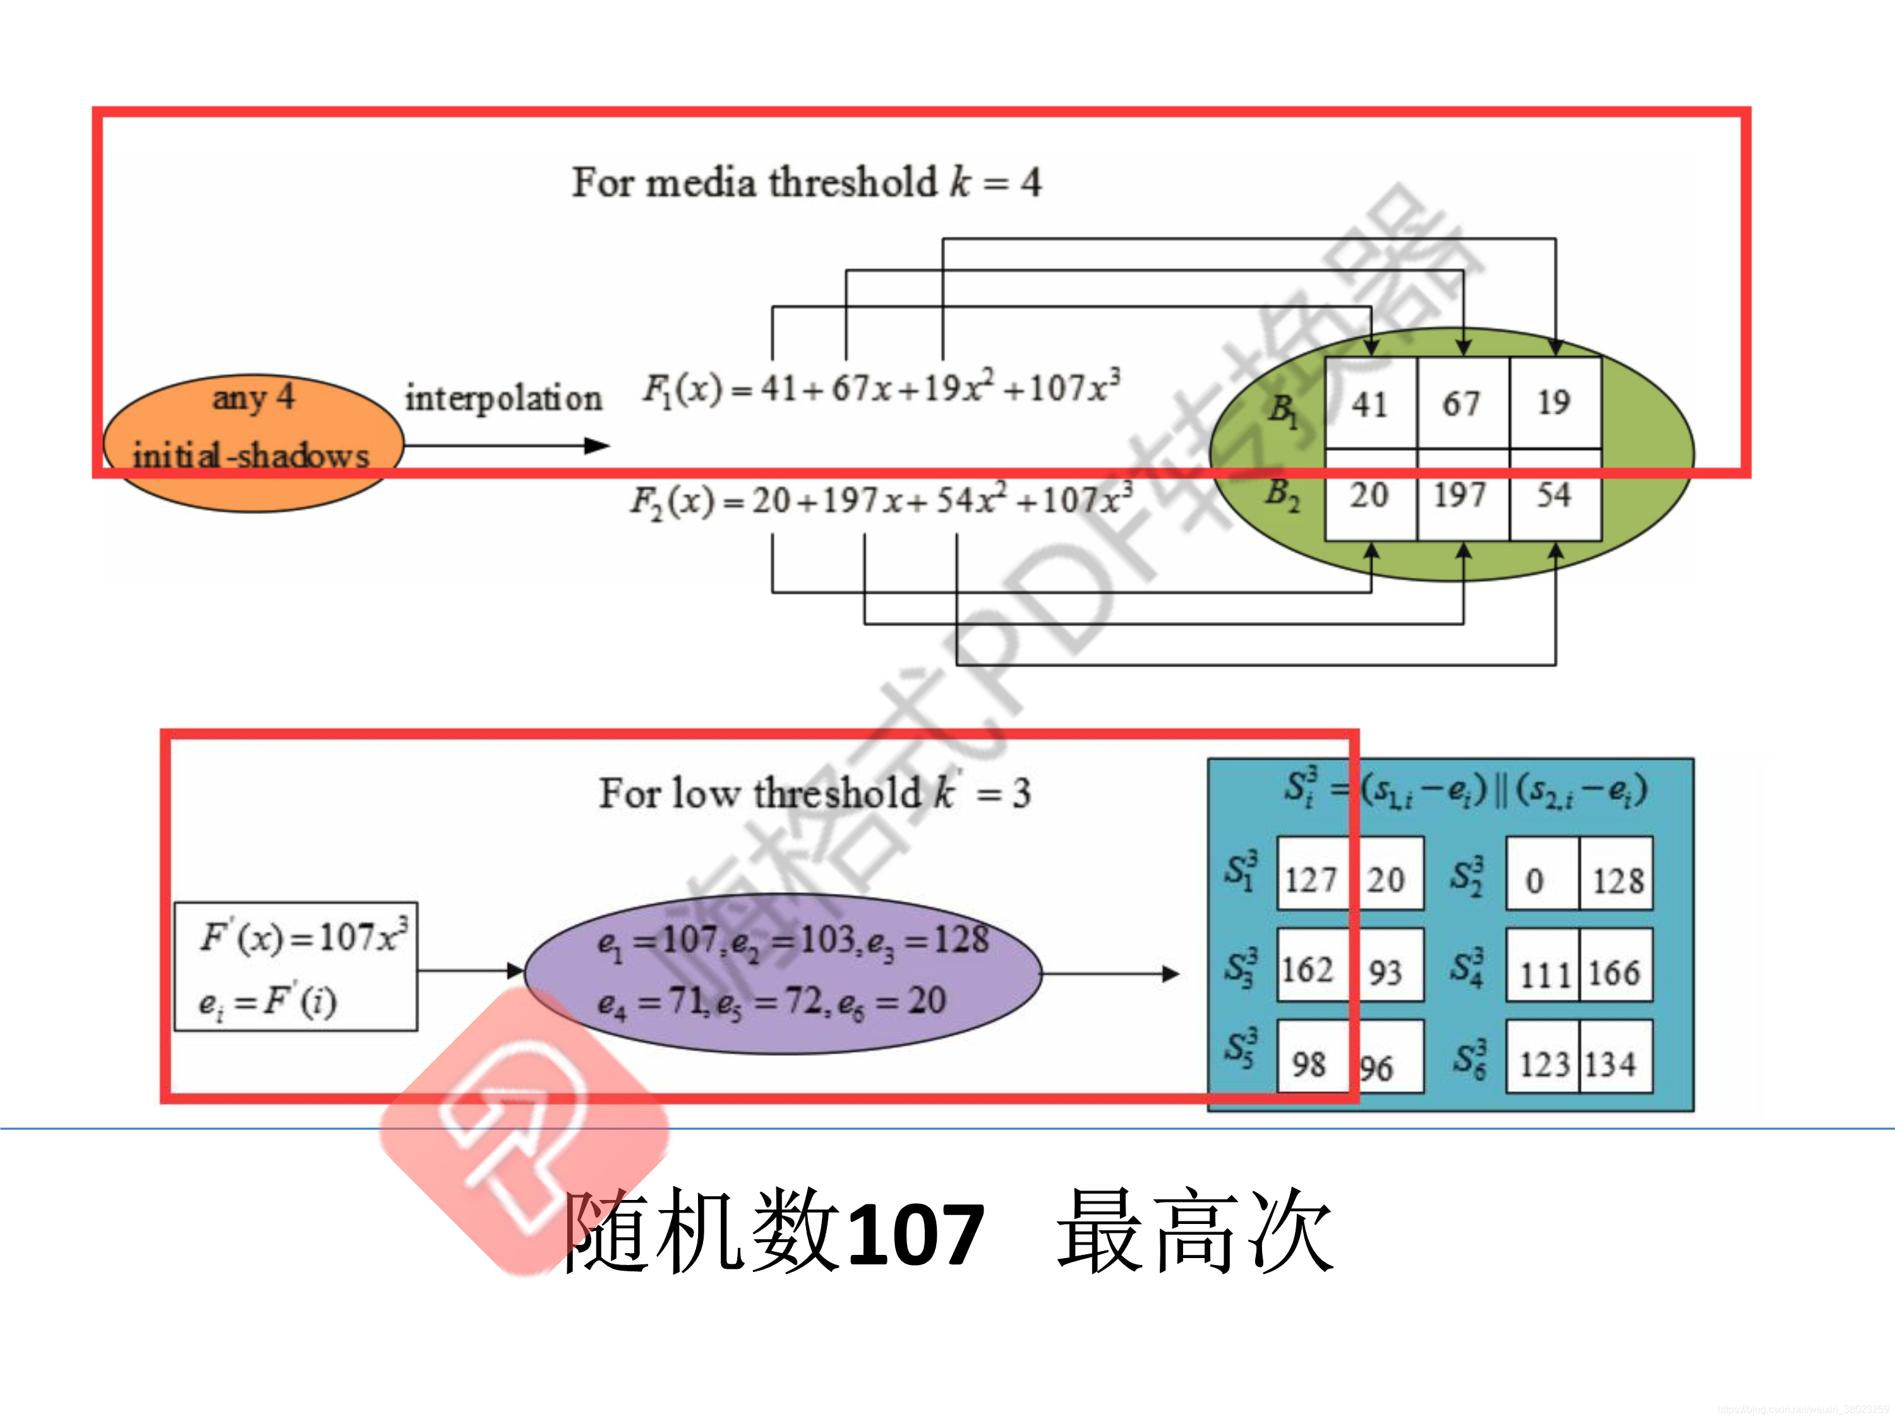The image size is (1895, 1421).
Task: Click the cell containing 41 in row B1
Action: (x=1370, y=402)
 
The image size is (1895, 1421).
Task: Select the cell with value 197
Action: (x=1462, y=495)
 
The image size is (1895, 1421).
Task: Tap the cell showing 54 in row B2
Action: (x=1554, y=495)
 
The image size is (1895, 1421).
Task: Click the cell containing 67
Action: (x=1462, y=402)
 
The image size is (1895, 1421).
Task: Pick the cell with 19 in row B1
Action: (x=1554, y=402)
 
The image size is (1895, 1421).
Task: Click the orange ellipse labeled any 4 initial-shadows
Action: (x=253, y=443)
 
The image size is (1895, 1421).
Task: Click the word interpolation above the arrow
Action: (x=503, y=399)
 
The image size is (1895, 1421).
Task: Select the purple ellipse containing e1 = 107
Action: (x=783, y=973)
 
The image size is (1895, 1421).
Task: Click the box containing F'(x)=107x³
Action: (x=296, y=966)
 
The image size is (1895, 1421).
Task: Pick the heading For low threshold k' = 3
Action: (x=814, y=793)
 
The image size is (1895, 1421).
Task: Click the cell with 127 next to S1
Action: (x=1311, y=879)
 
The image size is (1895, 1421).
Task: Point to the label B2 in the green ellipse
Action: (x=1282, y=495)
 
